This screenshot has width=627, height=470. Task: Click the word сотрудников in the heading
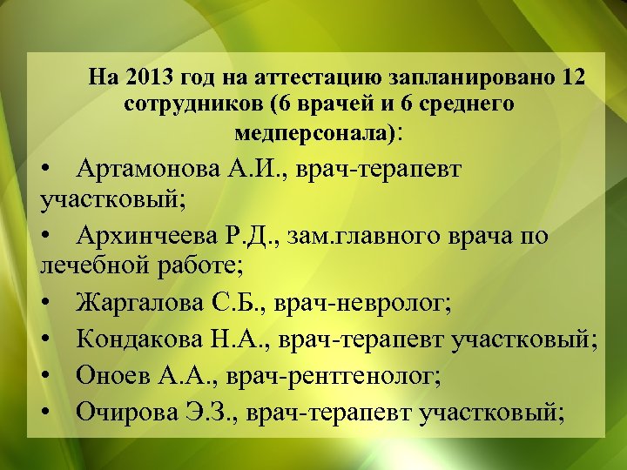point(192,105)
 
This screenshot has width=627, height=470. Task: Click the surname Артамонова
point(143,168)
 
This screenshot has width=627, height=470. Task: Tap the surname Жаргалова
point(140,304)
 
